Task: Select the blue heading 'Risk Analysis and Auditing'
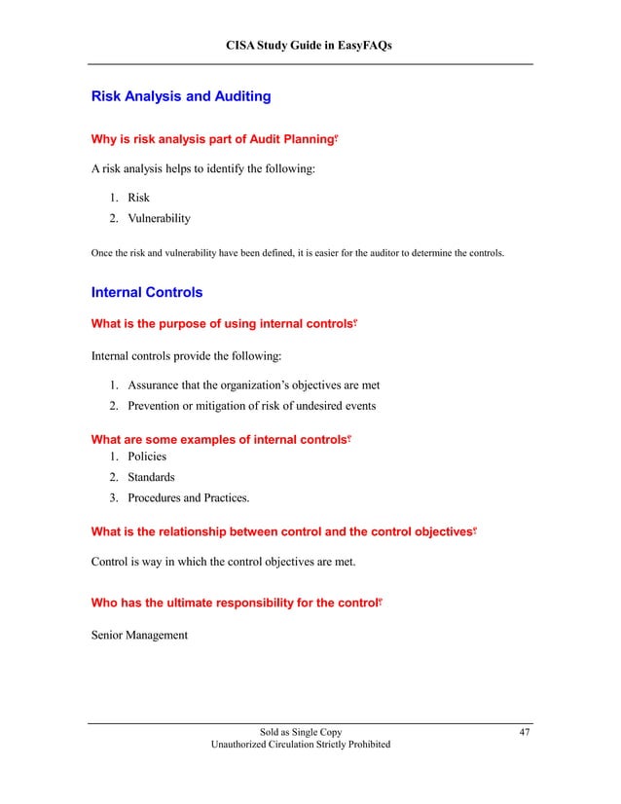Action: [180, 97]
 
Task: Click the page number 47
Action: [525, 732]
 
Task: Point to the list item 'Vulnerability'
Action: [159, 218]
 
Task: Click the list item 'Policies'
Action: [147, 456]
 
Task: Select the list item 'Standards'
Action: [151, 477]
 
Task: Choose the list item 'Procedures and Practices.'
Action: [188, 498]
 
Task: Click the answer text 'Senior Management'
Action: [139, 636]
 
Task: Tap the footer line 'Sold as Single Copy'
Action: [301, 732]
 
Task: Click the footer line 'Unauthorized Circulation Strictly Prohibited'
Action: [301, 745]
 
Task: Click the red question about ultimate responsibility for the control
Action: [234, 603]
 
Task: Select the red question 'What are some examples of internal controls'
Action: [219, 440]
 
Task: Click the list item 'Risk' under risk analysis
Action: [139, 198]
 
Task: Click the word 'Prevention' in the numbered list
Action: [158, 405]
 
